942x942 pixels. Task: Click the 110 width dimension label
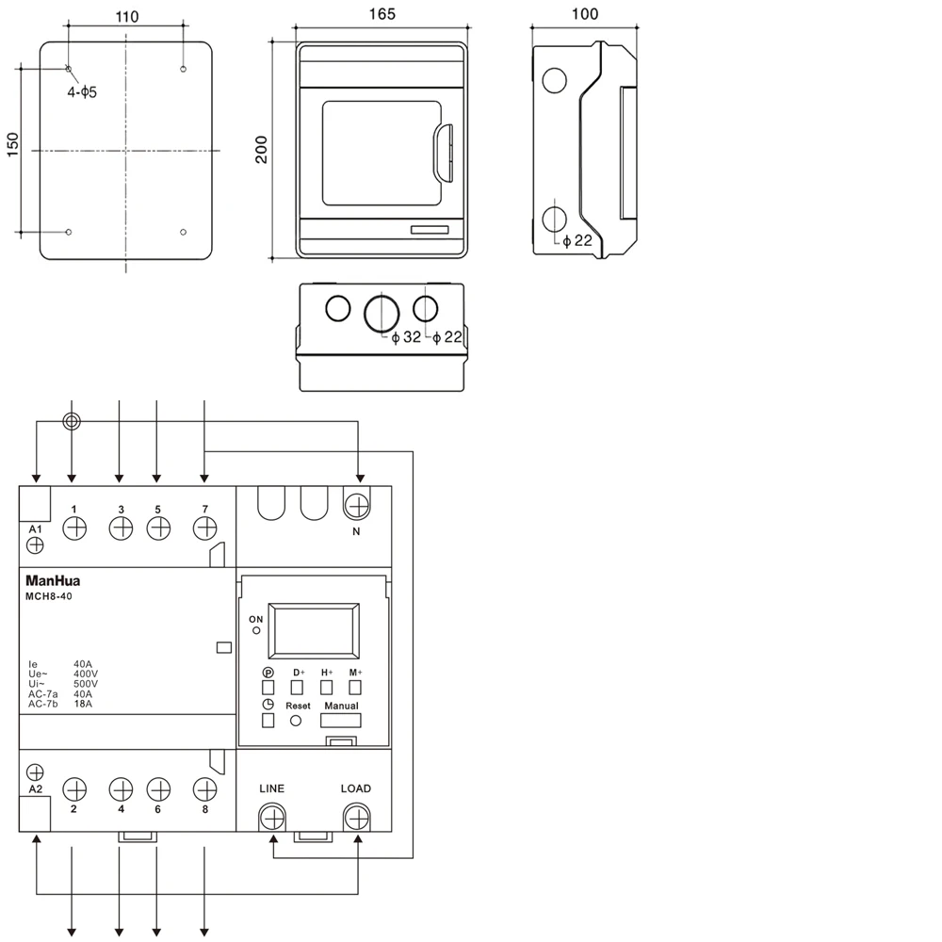(x=127, y=16)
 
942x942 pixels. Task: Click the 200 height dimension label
(x=261, y=150)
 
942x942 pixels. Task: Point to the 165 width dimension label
(x=382, y=14)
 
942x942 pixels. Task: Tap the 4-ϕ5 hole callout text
(x=82, y=92)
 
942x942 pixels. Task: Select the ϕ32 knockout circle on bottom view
(x=382, y=314)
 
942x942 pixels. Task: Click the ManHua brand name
(x=53, y=581)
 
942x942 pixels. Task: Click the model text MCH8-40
(x=49, y=596)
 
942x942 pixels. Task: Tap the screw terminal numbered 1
(x=74, y=528)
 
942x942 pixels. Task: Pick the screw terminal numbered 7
(x=204, y=528)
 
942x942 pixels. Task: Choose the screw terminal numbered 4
(x=121, y=789)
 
